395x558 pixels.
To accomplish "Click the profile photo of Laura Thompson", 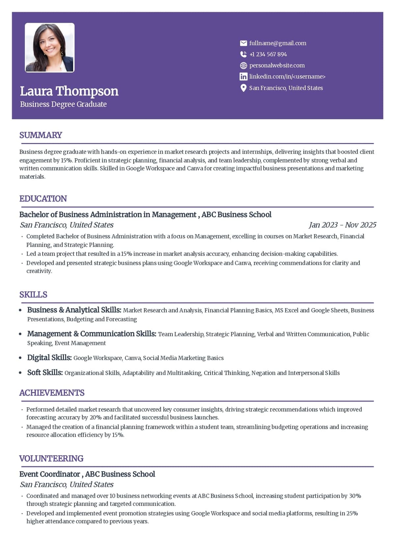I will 50,47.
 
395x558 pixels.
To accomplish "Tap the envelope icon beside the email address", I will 243,43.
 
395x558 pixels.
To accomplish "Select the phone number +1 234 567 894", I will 268,54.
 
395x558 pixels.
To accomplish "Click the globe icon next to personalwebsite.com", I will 243,65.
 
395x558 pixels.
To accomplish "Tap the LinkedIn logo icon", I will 243,77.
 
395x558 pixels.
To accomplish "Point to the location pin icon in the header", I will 243,88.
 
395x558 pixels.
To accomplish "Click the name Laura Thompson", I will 69,91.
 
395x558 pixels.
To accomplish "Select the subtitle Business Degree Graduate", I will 63,104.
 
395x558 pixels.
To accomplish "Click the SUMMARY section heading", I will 40,135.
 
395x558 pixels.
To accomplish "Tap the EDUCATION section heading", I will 43,199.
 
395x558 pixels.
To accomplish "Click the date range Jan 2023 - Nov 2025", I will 342,225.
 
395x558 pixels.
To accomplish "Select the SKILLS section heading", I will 33,295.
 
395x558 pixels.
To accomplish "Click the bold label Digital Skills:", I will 49,357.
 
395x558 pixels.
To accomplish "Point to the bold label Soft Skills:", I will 45,372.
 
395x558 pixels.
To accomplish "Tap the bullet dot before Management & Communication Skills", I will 20,334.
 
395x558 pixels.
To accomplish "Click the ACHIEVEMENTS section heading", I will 52,393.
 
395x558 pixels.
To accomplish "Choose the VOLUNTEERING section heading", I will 51,458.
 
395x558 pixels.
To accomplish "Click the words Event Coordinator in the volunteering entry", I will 50,474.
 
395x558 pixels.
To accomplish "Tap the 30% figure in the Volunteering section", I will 355,496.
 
